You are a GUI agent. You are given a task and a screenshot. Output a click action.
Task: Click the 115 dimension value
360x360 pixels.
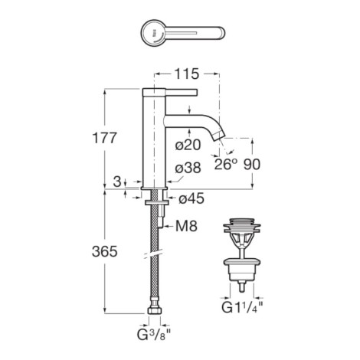[186, 74]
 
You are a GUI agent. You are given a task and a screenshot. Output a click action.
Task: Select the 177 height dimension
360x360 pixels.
[104, 138]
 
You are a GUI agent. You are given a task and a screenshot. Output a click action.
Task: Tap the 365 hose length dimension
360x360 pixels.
[105, 251]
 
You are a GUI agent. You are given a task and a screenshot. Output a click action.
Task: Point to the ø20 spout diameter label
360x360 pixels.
[188, 145]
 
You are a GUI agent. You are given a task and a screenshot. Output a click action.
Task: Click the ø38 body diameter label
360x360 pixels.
[188, 168]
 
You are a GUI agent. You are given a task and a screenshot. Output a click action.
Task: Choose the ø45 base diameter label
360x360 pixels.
[191, 198]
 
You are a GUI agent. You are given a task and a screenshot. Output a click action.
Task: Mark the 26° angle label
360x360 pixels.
[224, 164]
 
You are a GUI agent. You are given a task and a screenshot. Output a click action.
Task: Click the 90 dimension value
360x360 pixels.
[252, 164]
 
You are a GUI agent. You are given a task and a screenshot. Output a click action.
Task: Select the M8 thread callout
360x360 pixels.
[186, 226]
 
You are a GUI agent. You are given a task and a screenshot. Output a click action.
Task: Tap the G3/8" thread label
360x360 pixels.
[154, 335]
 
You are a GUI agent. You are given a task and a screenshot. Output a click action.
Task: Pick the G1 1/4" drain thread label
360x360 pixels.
[242, 307]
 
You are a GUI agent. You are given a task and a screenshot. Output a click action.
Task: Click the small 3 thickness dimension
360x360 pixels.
[116, 182]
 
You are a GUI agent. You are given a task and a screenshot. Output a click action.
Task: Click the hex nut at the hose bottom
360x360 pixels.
[155, 310]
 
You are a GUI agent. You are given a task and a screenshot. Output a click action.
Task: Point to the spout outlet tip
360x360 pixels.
[220, 135]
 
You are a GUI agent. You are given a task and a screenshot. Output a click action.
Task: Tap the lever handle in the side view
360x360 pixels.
[182, 93]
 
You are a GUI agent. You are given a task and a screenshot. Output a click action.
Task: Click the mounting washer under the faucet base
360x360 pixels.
[156, 203]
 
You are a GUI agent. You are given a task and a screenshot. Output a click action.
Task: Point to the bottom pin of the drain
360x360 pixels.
[242, 287]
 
